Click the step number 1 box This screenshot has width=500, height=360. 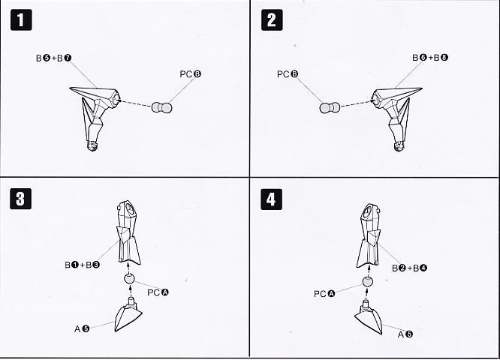(21, 19)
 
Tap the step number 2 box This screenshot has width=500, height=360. (272, 19)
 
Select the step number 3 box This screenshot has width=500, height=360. (21, 199)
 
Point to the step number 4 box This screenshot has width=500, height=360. (271, 199)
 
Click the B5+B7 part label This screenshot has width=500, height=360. (53, 58)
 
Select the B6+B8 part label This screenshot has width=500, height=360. (430, 58)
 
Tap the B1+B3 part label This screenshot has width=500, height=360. (83, 265)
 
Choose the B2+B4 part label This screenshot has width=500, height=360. (409, 268)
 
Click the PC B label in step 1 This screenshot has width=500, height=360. (191, 74)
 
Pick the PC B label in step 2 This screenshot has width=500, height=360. (288, 74)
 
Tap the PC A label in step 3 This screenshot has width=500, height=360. (158, 292)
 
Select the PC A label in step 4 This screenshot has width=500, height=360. (324, 294)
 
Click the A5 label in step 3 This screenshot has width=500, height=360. (82, 328)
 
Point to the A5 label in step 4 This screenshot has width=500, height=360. (405, 334)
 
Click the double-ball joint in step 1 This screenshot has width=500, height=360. (161, 107)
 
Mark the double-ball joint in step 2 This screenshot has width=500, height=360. (330, 108)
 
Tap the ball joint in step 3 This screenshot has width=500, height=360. (129, 279)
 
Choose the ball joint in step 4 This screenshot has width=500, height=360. (368, 281)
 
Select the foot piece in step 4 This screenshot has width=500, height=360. (369, 319)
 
